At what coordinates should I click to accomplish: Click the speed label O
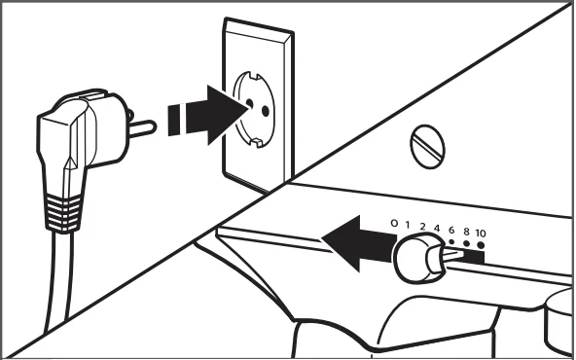394,223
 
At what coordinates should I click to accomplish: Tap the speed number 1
408,225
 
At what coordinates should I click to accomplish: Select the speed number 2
422,227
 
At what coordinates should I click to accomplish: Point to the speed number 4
437,229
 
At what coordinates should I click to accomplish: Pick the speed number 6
451,231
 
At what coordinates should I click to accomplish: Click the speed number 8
466,232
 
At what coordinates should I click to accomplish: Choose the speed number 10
481,234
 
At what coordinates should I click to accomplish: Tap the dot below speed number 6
451,241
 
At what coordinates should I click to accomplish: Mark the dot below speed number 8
466,243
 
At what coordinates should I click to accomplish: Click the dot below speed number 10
481,245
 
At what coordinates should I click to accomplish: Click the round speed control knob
418,258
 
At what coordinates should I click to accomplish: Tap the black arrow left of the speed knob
357,244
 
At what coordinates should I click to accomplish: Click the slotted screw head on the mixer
427,147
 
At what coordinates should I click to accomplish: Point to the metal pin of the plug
142,128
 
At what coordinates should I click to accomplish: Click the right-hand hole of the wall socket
266,111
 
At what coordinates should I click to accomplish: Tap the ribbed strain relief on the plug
63,213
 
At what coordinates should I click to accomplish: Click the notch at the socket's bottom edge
257,142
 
